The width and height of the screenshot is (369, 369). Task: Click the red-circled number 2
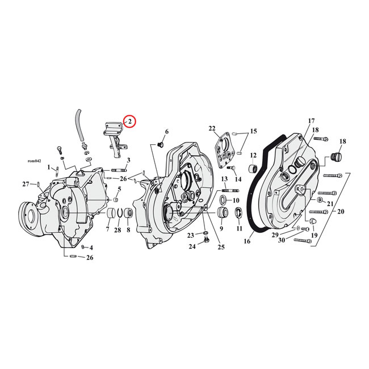click(129, 121)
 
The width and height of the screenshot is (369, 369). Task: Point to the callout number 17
click(311, 121)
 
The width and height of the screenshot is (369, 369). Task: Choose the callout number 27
click(26, 184)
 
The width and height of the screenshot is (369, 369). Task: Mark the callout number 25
click(220, 247)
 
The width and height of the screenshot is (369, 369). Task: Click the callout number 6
click(166, 132)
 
